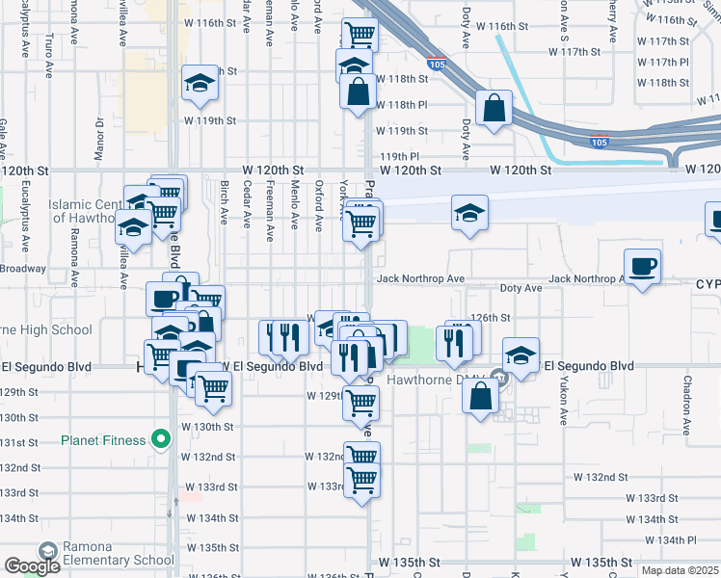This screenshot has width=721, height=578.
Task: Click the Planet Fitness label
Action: [103, 441]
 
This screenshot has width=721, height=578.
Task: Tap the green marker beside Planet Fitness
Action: [161, 441]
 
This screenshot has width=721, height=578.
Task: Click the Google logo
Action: [32, 567]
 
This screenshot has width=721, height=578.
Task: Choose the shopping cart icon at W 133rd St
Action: [361, 479]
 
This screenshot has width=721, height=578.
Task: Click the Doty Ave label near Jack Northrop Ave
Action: [521, 288]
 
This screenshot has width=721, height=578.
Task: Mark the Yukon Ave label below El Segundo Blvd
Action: [564, 404]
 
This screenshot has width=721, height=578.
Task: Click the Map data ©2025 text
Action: [680, 570]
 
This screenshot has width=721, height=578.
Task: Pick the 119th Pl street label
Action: [400, 155]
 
